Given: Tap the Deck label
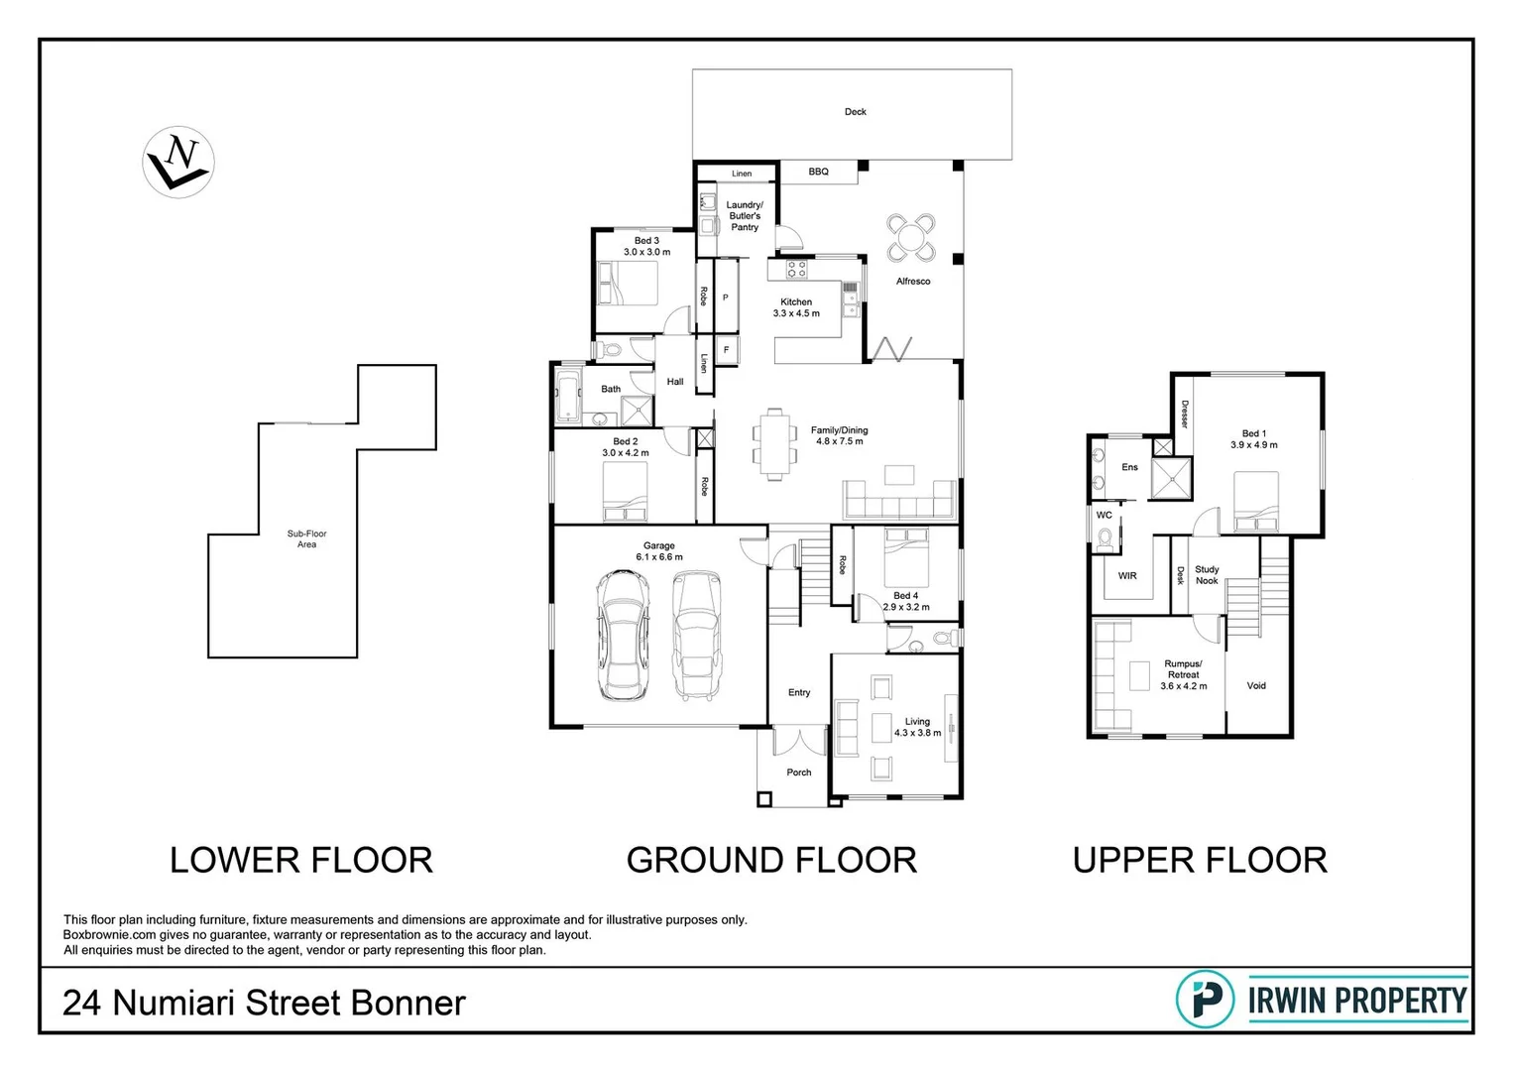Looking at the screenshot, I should coord(855,112).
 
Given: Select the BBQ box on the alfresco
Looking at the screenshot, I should coord(818,173).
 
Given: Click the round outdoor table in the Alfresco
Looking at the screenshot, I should coord(910,237).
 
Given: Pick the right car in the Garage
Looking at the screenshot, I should coord(696,635).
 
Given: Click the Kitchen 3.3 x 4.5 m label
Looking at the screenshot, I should coord(796,307).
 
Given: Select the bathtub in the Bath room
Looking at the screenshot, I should coord(569,400).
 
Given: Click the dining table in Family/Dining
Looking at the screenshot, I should coord(773,442).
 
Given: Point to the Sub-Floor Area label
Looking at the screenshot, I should coord(306,538).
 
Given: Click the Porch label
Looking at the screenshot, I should coord(798,773).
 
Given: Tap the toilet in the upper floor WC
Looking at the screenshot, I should coord(1106,538).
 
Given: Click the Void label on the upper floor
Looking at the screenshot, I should coord(1256,685).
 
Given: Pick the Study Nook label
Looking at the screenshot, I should coord(1207,575).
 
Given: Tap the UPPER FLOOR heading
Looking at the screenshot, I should coord(1200,860).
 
